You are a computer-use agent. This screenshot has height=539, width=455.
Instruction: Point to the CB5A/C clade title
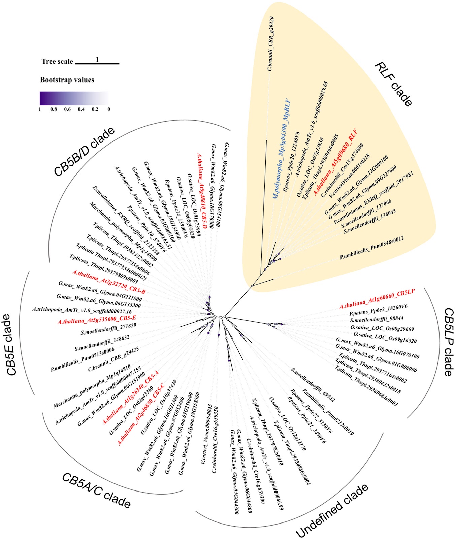click(x=96, y=490)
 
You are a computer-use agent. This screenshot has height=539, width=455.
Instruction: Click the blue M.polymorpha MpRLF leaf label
click(x=282, y=150)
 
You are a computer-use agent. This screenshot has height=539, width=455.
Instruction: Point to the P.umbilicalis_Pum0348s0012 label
click(x=372, y=248)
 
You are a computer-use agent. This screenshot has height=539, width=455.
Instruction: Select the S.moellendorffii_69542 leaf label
click(x=313, y=385)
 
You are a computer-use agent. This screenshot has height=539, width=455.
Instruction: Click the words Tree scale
click(x=57, y=61)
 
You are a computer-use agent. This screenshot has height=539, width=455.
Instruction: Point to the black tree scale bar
click(x=97, y=63)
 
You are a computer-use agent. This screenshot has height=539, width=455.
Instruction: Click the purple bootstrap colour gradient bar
click(x=74, y=99)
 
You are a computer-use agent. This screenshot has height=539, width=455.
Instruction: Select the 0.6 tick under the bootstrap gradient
click(x=67, y=109)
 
